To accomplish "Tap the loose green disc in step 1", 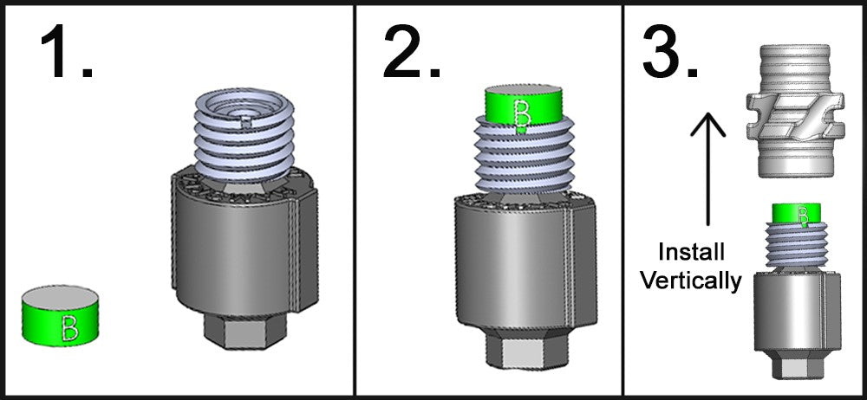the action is (61, 315).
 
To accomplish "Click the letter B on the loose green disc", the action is (70, 328).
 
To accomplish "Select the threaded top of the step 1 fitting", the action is (245, 135).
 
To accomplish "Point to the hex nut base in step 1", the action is (245, 331).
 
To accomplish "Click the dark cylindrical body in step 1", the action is (244, 246).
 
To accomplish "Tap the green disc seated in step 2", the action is (523, 107).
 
